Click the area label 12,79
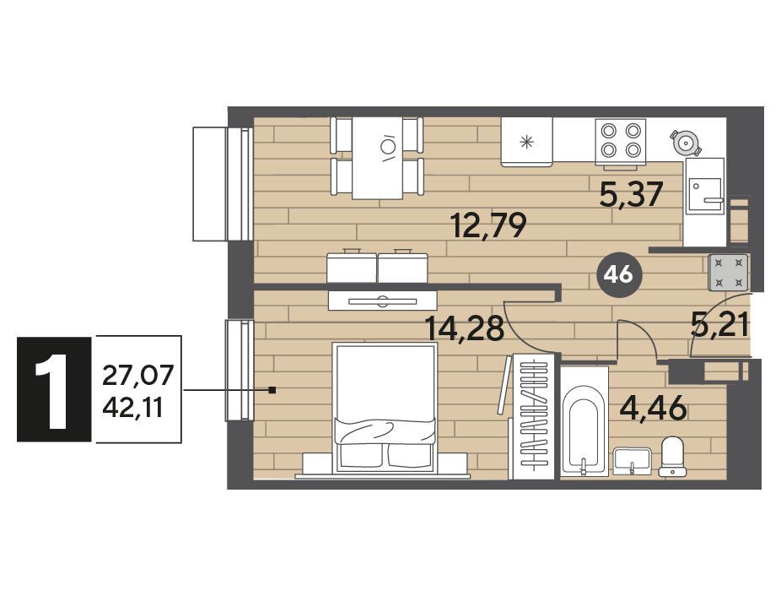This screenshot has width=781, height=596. tap(488, 225)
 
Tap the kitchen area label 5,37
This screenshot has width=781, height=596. tap(632, 194)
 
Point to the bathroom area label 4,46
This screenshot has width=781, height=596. tap(654, 408)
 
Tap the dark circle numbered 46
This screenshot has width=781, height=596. tap(620, 274)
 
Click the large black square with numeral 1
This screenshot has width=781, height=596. tap(54, 389)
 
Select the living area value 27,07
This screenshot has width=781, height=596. tap(138, 375)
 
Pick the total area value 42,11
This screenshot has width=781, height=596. tap(133, 409)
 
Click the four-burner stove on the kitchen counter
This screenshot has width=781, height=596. tap(620, 141)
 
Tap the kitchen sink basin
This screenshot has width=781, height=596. tap(705, 193)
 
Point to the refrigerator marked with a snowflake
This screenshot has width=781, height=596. tap(526, 142)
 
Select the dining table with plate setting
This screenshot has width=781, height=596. tap(377, 158)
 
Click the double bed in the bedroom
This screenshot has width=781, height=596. tap(385, 407)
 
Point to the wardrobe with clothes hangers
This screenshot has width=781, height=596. tap(533, 416)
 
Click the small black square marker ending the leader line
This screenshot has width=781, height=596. tap(272, 390)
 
